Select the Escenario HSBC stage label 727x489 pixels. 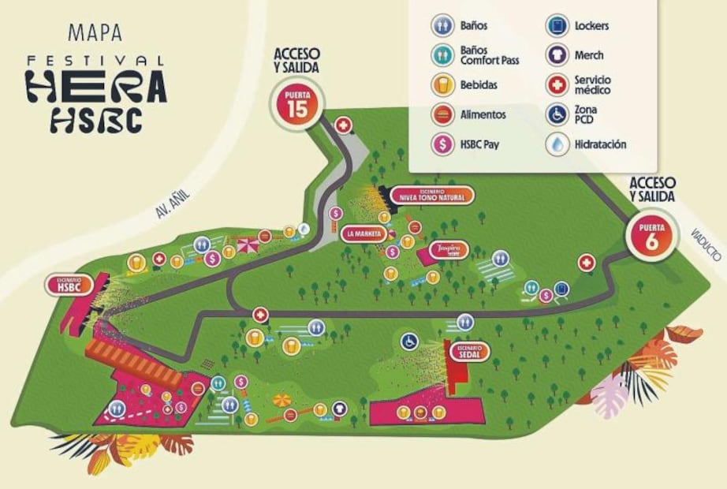click(69, 285)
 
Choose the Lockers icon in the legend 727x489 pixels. click(558, 26)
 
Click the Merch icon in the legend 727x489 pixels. click(558, 55)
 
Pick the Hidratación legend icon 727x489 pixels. click(558, 144)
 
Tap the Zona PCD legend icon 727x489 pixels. click(558, 114)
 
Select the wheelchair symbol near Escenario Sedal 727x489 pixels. click(409, 342)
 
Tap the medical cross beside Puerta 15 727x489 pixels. click(344, 125)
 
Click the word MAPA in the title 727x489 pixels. click(95, 33)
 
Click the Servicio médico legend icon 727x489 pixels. click(558, 84)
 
